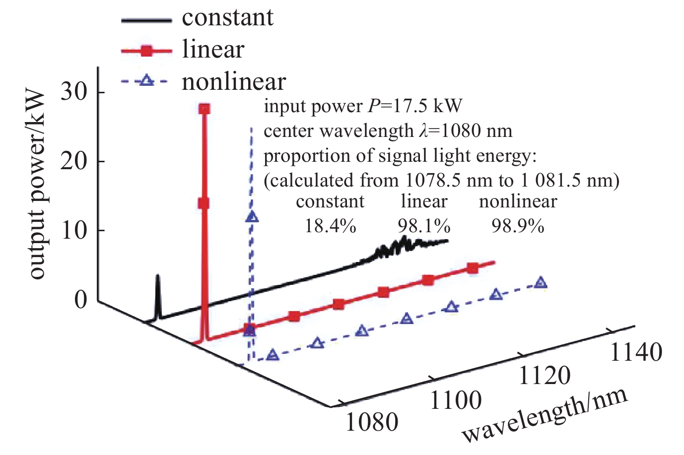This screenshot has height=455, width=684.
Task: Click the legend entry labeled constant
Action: point(227,18)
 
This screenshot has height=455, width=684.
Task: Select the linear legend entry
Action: point(213,50)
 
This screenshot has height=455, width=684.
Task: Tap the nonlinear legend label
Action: point(234,82)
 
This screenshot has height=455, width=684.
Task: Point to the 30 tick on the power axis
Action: point(74,92)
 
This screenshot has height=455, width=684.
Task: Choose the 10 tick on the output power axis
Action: point(74,230)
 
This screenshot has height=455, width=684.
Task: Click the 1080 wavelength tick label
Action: point(372,422)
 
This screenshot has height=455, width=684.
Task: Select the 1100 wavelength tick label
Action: point(455,400)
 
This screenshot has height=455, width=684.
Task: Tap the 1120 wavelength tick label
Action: point(544,376)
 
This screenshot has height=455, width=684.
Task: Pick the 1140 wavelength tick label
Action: point(635,352)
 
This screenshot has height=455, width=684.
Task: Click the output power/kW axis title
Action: point(38,185)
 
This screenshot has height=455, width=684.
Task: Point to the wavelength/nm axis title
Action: point(545,416)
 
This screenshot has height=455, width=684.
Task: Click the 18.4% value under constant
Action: point(330,226)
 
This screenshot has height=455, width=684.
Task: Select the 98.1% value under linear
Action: point(424,226)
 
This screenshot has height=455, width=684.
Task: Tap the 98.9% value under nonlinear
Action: point(518,226)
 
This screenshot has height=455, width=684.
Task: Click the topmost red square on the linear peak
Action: point(204,109)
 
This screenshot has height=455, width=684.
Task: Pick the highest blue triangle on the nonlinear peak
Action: point(252,217)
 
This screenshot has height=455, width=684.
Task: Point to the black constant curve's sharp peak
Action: point(157,276)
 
